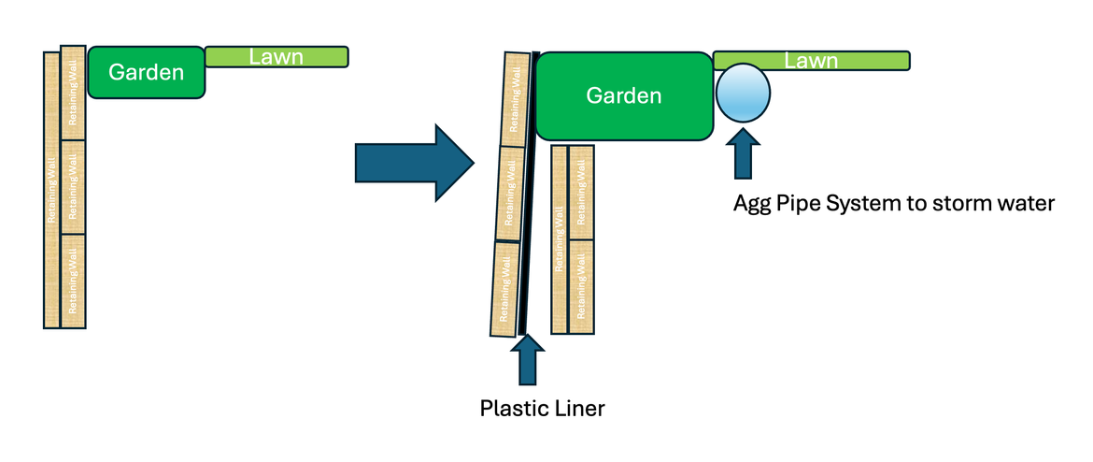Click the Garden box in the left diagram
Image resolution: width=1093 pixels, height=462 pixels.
(x=146, y=72)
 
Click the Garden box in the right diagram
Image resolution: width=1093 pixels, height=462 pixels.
(x=623, y=95)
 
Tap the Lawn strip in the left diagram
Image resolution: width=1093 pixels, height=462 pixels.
(x=277, y=57)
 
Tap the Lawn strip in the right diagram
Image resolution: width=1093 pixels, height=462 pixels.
(x=811, y=61)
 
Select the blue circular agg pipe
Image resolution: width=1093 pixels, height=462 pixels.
(x=744, y=92)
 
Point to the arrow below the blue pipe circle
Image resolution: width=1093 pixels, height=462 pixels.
(x=745, y=154)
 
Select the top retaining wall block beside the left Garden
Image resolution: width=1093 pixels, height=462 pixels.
(x=73, y=93)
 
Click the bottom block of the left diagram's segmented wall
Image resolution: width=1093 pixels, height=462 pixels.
(x=73, y=281)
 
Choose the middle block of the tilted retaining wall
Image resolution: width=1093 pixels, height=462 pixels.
(x=509, y=194)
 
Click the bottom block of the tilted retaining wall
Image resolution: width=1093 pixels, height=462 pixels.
(x=504, y=288)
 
